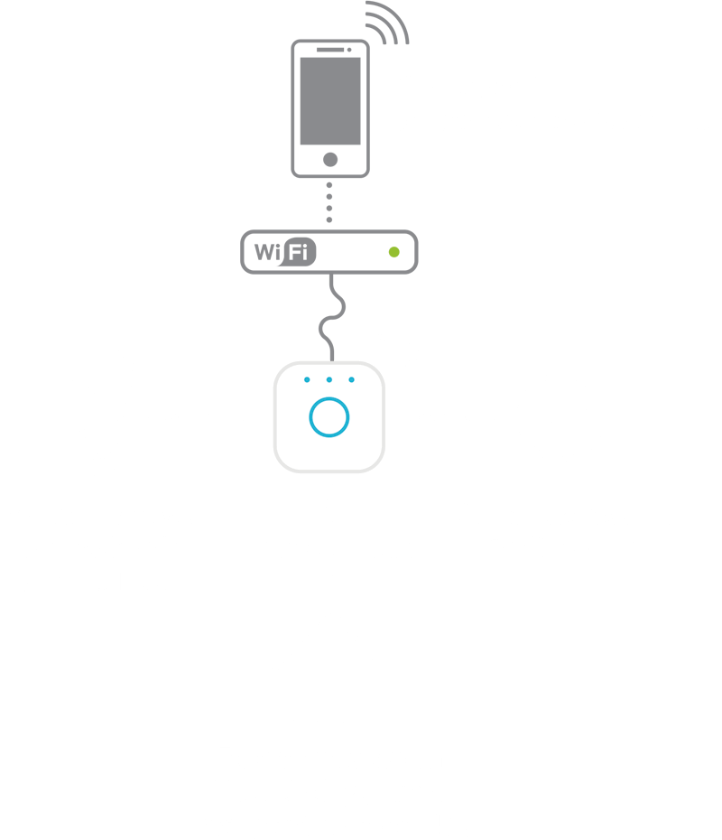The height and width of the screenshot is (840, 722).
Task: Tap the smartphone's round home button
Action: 330,160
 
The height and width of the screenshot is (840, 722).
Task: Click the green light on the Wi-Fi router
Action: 393,252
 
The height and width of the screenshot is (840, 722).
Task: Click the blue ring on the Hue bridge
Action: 329,417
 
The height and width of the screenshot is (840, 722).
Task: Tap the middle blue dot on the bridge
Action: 329,379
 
